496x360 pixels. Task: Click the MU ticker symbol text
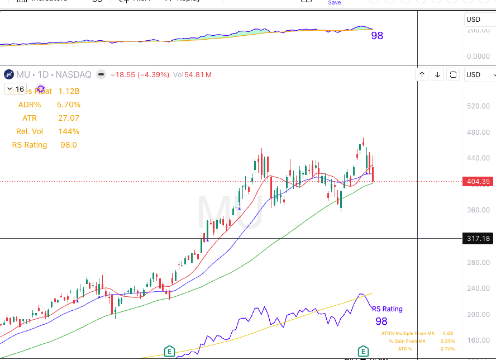pyautogui.click(x=23, y=74)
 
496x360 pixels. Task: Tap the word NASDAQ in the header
pyautogui.click(x=73, y=74)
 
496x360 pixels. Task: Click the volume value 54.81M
pyautogui.click(x=195, y=74)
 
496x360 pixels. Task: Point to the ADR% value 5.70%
pyautogui.click(x=69, y=105)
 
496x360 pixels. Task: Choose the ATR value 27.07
pyautogui.click(x=69, y=118)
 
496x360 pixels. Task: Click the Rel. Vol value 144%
pyautogui.click(x=69, y=131)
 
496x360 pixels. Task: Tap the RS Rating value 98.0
pyautogui.click(x=69, y=145)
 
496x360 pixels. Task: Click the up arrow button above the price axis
pyautogui.click(x=422, y=74)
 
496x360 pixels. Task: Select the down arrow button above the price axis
pyautogui.click(x=438, y=74)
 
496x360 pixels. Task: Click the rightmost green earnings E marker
pyautogui.click(x=363, y=352)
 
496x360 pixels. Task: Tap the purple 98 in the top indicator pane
pyautogui.click(x=377, y=36)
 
